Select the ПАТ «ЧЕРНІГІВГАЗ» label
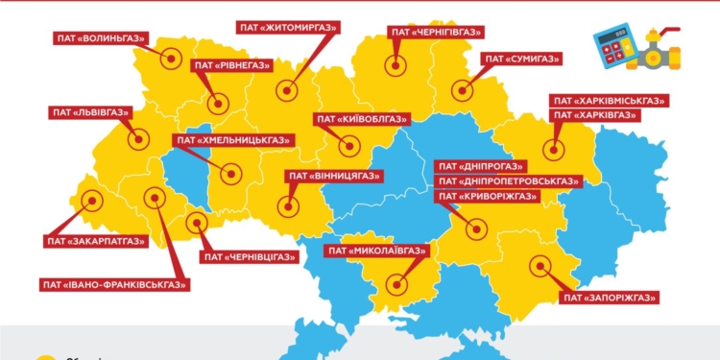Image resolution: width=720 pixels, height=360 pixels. [433, 32]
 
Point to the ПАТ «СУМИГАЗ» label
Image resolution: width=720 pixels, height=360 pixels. [522, 59]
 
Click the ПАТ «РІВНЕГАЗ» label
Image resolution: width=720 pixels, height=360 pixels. [231, 65]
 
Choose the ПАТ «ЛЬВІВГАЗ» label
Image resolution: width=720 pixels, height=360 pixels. [90, 112]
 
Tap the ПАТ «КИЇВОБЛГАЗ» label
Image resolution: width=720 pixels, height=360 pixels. [357, 120]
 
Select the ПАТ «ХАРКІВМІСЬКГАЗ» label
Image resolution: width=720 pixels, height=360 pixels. [609, 100]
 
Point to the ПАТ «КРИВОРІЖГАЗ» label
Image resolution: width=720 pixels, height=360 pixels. [487, 196]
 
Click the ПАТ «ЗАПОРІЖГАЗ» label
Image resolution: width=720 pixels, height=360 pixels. [612, 298]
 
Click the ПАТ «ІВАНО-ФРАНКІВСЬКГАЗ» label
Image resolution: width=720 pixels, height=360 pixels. [114, 284]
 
